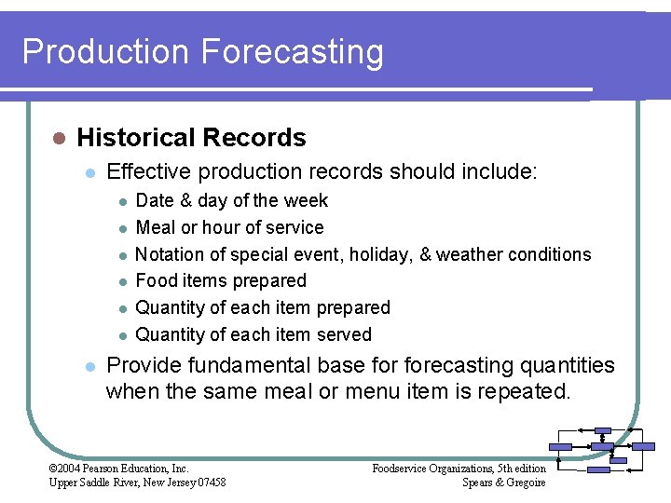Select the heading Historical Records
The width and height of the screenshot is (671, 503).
pyautogui.click(x=191, y=138)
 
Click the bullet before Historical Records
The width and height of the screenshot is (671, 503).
pyautogui.click(x=58, y=138)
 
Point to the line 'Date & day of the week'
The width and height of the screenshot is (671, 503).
pyautogui.click(x=232, y=200)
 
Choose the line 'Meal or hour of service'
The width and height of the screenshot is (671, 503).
pyautogui.click(x=229, y=227)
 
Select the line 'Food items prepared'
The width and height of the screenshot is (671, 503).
pyautogui.click(x=221, y=280)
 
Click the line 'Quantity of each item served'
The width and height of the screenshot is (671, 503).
pyautogui.click(x=253, y=334)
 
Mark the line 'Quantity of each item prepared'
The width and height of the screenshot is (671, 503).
pyautogui.click(x=263, y=307)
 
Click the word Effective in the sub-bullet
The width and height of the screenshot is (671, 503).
pyautogui.click(x=148, y=171)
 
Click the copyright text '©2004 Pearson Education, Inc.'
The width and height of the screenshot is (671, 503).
pyautogui.click(x=118, y=469)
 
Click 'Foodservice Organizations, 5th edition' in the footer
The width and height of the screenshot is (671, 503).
pyautogui.click(x=459, y=469)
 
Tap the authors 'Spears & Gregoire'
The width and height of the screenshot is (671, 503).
pyautogui.click(x=503, y=482)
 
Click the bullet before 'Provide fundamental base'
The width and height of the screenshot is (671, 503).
pyautogui.click(x=89, y=366)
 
